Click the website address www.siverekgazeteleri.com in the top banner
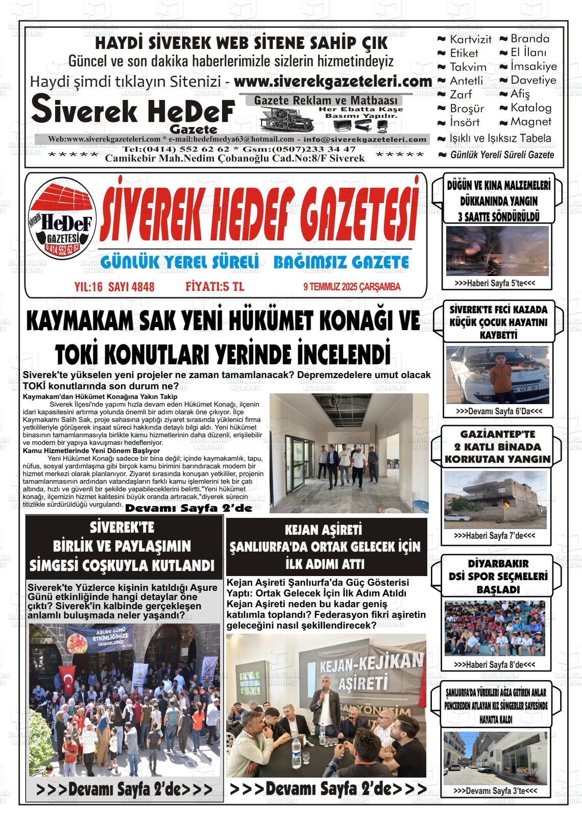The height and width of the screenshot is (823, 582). click(x=333, y=82)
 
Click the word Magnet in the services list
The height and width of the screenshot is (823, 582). click(x=531, y=122)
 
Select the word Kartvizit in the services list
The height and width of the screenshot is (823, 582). click(x=470, y=39)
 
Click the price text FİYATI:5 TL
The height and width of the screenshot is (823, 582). click(x=215, y=287)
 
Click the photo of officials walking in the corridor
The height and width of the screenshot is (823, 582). click(x=349, y=453)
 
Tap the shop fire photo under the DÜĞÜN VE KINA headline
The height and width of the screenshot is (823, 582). click(x=497, y=251)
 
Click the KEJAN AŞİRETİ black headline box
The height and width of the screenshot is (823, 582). click(x=326, y=546)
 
